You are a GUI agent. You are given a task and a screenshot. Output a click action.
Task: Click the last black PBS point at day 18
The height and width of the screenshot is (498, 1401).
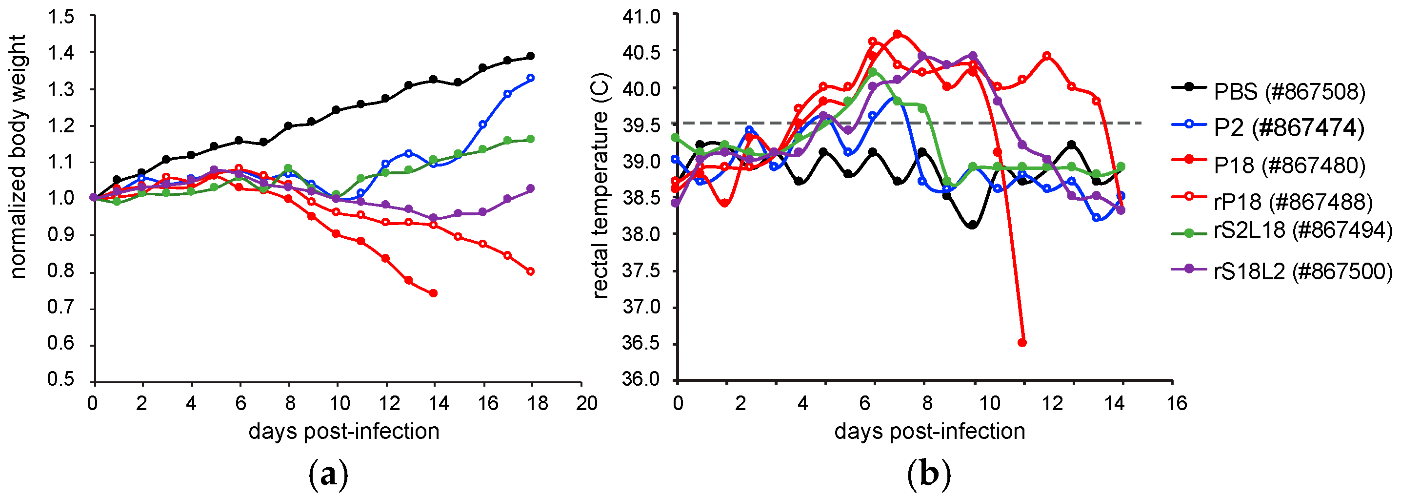point(531,56)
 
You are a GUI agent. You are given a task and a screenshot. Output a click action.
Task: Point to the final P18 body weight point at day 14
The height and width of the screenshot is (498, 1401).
point(434,293)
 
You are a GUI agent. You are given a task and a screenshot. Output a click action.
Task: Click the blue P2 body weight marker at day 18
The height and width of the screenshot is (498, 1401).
point(531,78)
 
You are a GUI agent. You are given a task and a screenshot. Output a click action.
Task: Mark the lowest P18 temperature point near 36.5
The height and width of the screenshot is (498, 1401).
point(1022,343)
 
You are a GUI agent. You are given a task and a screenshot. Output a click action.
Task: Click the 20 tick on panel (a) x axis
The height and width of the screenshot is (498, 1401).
point(586,404)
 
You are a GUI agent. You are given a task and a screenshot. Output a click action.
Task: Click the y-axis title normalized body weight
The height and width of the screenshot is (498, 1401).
point(18,157)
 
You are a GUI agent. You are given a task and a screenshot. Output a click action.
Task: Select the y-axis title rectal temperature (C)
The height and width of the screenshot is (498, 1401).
point(600,185)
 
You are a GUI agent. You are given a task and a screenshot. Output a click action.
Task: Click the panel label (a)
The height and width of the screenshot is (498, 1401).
point(328,475)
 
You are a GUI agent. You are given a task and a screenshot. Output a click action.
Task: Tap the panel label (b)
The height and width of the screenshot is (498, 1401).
point(929,475)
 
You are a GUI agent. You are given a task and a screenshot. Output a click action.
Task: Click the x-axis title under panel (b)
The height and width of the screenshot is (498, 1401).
point(929,432)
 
